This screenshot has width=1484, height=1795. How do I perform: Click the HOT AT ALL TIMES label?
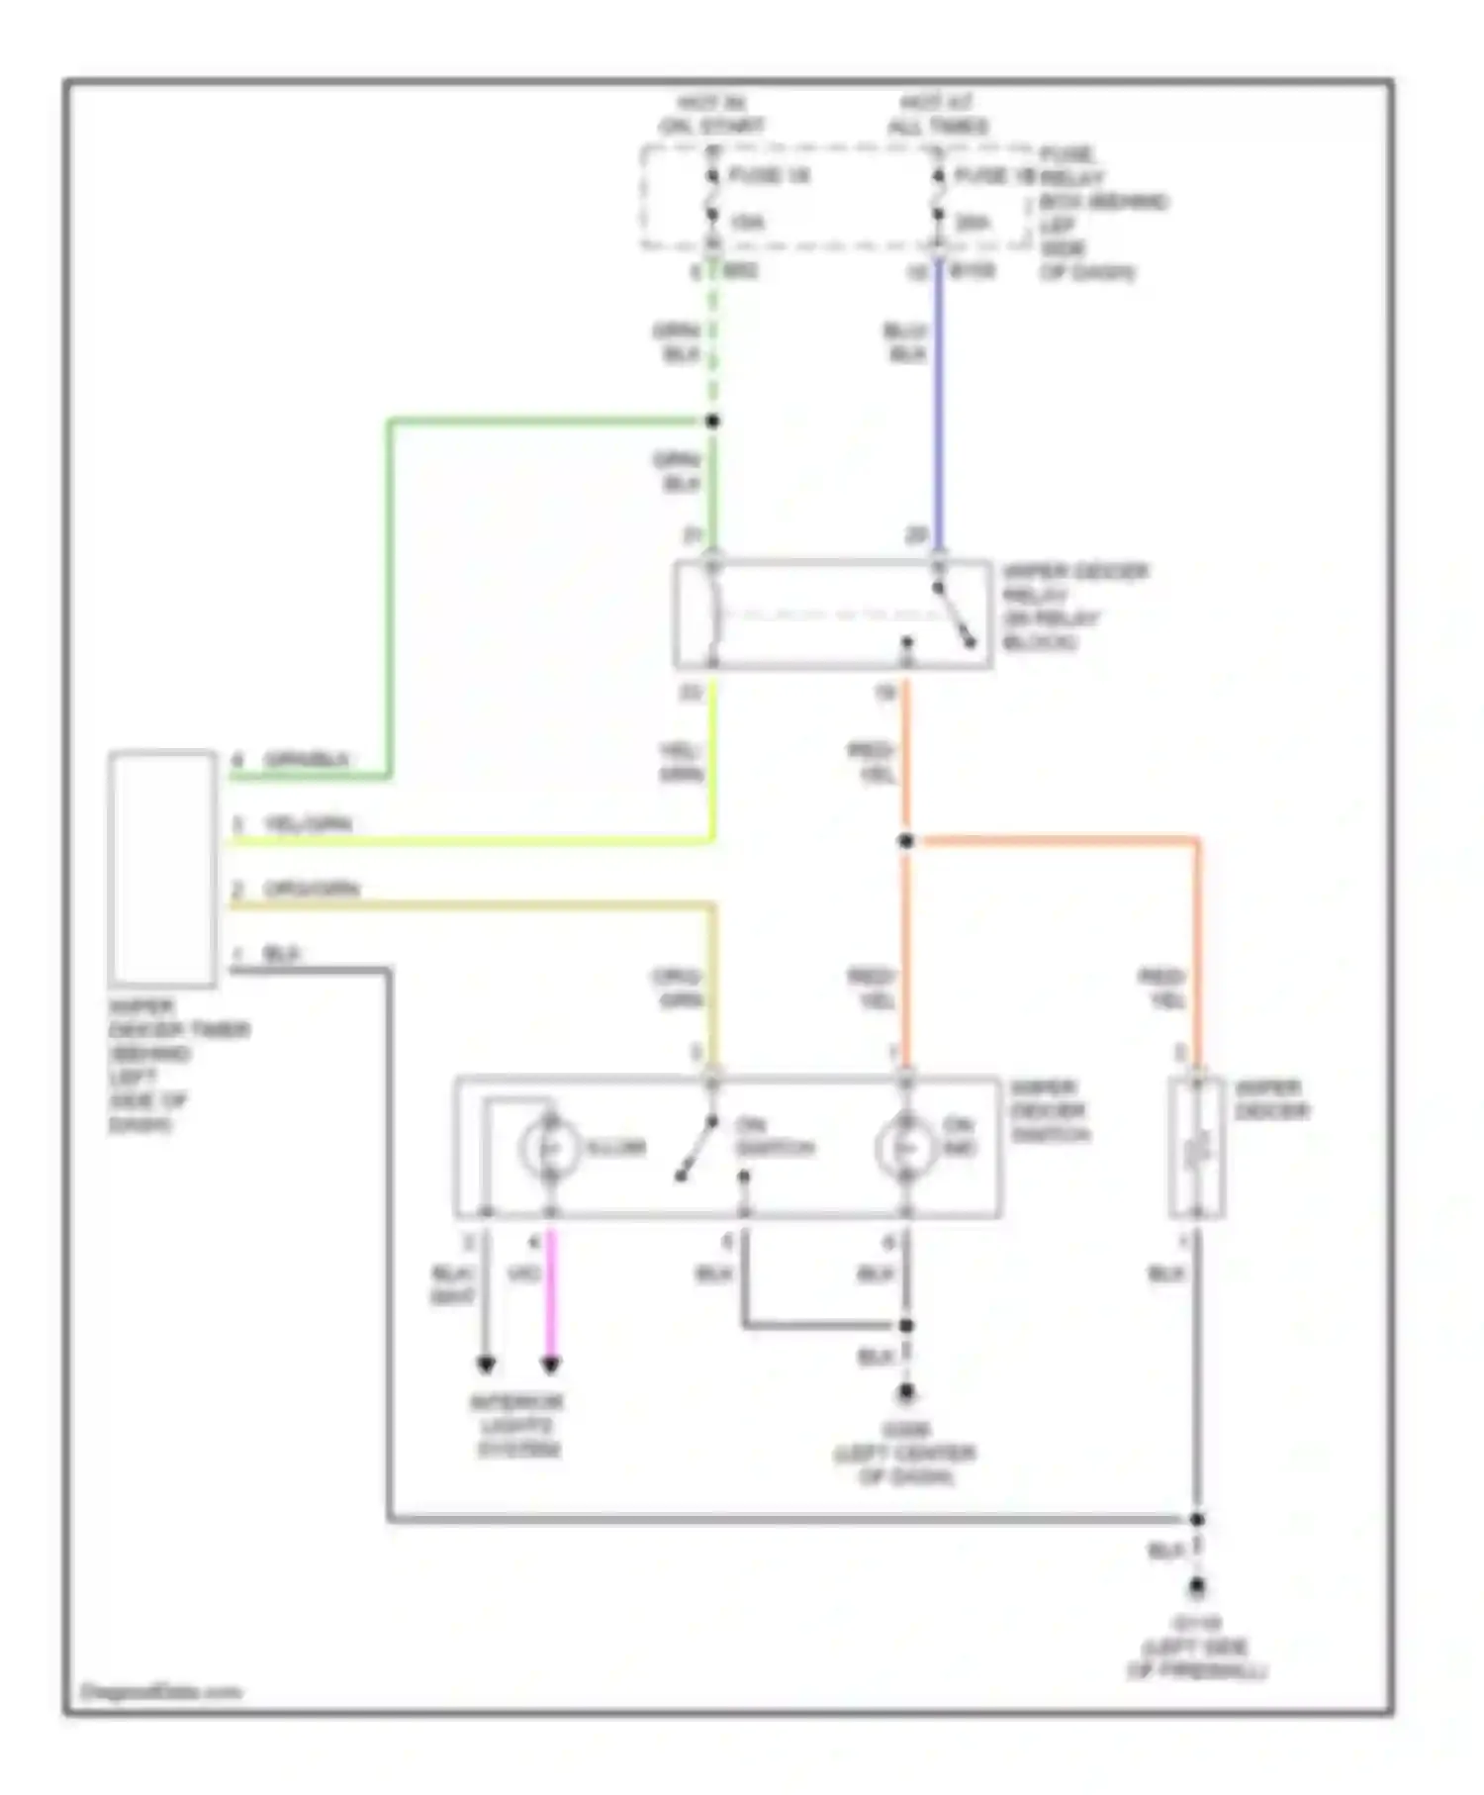tap(937, 115)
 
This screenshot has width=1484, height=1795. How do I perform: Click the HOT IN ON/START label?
tap(712, 115)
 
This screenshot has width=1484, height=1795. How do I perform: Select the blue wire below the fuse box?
tap(938, 416)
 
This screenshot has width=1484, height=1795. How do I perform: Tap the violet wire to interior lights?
tap(551, 1296)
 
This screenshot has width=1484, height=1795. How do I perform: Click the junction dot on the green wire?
tap(712, 422)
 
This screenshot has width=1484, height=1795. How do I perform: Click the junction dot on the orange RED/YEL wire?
tap(905, 841)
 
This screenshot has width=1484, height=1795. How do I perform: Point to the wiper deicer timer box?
tap(163, 869)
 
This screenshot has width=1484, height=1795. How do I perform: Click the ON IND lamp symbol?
tap(904, 1148)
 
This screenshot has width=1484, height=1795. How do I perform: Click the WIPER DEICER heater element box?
tap(1196, 1148)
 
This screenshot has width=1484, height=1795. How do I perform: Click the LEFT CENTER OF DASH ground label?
tap(904, 1454)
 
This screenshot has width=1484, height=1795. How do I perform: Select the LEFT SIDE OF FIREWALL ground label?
tap(1196, 1649)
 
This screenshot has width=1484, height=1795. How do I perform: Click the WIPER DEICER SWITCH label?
tap(1050, 1111)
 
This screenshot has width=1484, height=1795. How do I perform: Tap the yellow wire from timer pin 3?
tap(475, 842)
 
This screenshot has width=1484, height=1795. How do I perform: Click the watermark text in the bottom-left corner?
tap(160, 1691)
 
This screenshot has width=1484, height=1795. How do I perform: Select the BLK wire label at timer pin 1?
tap(282, 955)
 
